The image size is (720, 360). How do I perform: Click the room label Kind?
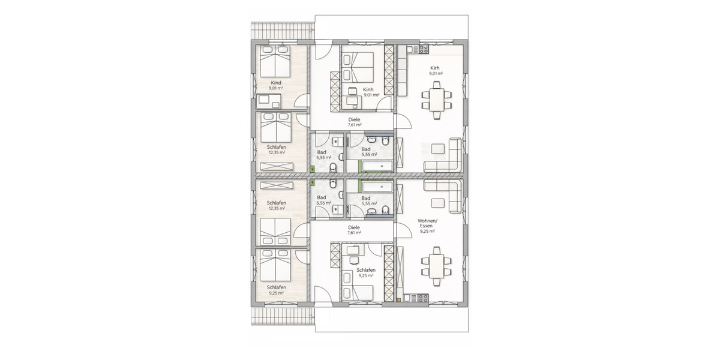[x=276, y=82]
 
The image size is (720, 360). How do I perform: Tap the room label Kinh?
[x=368, y=89]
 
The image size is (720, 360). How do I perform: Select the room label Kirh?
[x=435, y=68]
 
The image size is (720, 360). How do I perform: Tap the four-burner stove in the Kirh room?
[x=424, y=49]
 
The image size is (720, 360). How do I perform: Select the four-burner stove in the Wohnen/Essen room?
[x=422, y=298]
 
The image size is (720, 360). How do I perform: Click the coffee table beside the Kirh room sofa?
[x=439, y=147]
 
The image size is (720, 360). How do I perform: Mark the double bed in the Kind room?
[x=276, y=60]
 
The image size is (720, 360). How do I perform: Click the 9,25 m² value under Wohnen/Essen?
[x=428, y=231]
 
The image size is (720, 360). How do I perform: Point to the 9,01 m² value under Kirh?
[x=435, y=74]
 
